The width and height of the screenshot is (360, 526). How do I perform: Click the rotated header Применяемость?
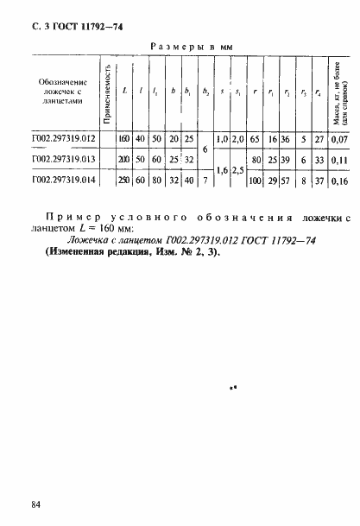[x=106, y=92]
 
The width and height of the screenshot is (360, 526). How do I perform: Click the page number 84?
[x=35, y=504]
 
